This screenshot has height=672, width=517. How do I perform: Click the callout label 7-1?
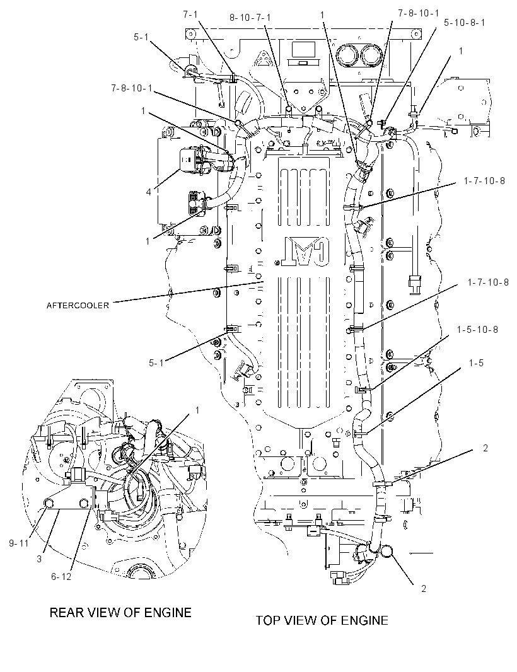(190, 14)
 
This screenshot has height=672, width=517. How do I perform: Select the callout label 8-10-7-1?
(250, 18)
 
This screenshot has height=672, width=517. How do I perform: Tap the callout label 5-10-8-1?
(464, 22)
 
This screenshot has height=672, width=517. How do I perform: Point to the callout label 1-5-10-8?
(477, 330)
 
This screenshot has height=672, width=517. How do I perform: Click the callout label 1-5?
(476, 363)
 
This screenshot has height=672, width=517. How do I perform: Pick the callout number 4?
(149, 192)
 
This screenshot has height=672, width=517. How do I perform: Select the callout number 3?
(39, 559)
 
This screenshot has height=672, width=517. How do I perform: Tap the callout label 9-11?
(18, 543)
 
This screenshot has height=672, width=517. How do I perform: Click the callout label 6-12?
(61, 577)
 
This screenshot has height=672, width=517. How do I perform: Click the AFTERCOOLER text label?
(78, 306)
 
